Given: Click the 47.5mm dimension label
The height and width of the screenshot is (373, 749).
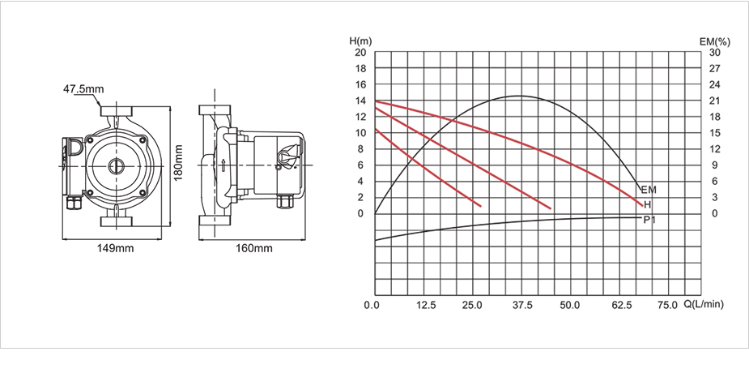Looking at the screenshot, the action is click(x=83, y=89).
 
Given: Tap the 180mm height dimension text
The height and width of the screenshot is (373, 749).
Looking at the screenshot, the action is click(x=177, y=163).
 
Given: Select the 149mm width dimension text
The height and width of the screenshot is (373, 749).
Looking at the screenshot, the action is click(x=116, y=247).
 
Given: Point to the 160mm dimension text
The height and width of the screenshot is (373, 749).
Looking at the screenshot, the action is click(x=254, y=247).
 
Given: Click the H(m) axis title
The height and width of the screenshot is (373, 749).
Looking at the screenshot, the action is click(x=360, y=41).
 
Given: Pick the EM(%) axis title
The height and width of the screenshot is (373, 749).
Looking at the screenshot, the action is click(x=715, y=41).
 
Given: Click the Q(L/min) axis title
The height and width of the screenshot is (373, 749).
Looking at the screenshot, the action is click(x=704, y=305).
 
